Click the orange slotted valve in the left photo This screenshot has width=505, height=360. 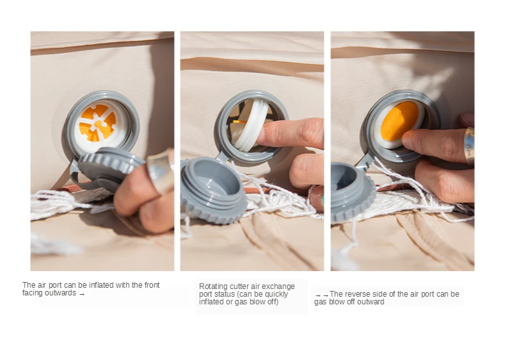(x=97, y=123)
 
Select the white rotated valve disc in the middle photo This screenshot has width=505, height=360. (x=250, y=125)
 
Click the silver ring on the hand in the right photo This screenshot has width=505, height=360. (x=469, y=146)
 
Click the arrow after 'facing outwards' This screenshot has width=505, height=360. (x=82, y=294)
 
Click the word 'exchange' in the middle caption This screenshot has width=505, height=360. (x=278, y=286)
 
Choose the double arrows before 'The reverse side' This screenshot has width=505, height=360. (x=322, y=295)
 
